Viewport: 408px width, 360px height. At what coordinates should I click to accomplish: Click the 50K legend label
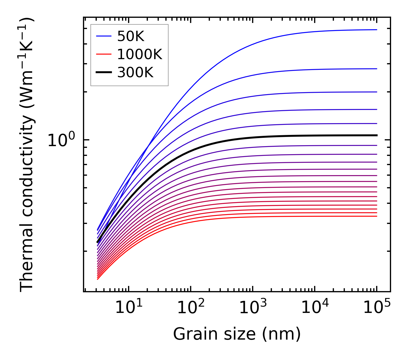coord(130,36)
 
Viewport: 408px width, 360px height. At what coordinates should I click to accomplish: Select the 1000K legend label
coord(140,54)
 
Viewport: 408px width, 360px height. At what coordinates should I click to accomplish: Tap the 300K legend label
coord(135,73)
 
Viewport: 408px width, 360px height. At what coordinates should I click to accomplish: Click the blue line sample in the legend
coord(103,36)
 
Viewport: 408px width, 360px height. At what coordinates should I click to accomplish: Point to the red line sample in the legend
coord(103,54)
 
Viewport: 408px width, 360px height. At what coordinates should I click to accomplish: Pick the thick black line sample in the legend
coord(103,73)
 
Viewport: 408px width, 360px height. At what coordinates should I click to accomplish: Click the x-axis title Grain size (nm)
coord(237,334)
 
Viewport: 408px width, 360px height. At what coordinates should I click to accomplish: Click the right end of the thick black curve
coord(376,135)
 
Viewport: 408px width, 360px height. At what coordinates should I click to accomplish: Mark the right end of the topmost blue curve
coord(376,30)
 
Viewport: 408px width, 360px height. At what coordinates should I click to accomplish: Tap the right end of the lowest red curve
coord(376,216)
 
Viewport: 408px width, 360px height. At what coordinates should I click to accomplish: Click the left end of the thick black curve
coord(98,242)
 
